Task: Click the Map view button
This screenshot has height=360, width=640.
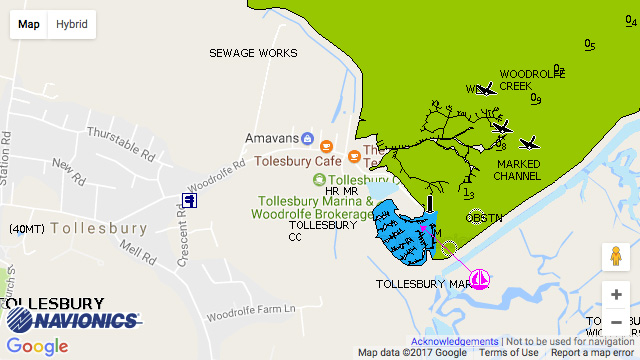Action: [x=29, y=23]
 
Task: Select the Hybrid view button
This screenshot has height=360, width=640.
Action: [x=71, y=23]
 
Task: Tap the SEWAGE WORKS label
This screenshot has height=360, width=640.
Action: [x=253, y=53]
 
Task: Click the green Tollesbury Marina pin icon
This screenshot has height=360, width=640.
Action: [x=319, y=180]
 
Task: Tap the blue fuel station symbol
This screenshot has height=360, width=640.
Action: [x=190, y=200]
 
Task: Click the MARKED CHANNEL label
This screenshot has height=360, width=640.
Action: [x=517, y=170]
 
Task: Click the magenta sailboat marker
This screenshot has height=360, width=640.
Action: [x=480, y=280]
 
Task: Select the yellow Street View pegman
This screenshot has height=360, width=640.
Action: [x=616, y=256]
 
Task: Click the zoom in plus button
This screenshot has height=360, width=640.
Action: [x=616, y=295]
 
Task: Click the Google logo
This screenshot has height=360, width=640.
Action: [x=37, y=347]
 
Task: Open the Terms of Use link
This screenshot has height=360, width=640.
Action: [x=508, y=353]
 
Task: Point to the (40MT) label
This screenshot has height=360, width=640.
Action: [x=25, y=229]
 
